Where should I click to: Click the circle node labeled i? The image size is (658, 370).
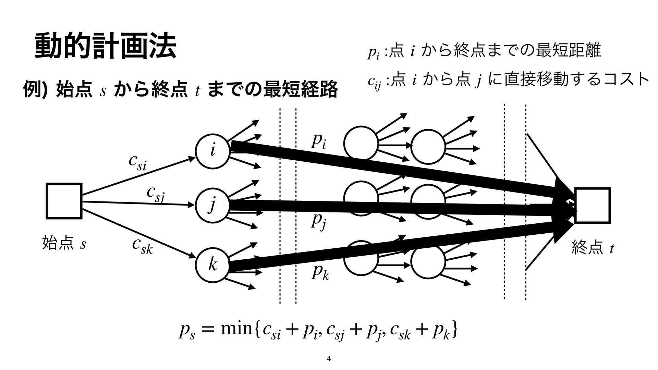click(x=212, y=151)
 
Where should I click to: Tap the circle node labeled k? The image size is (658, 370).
click(x=212, y=265)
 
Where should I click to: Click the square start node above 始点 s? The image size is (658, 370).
click(x=64, y=201)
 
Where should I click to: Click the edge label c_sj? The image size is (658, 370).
click(x=155, y=194)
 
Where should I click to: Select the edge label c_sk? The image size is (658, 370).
click(x=142, y=246)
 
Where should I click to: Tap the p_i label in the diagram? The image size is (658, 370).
click(x=318, y=141)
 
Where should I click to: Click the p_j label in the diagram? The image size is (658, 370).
click(x=319, y=221)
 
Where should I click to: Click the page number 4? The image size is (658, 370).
click(x=329, y=359)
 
